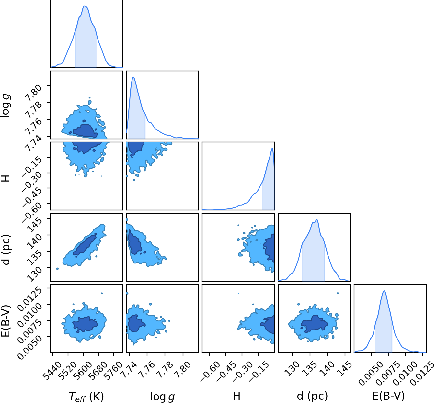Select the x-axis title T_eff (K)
point(86,397)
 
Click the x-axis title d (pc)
point(313,396)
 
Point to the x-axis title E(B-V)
point(389,396)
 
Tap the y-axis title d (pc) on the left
point(6,250)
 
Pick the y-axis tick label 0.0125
point(30,299)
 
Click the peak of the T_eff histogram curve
point(85,6)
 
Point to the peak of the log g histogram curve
point(133,77)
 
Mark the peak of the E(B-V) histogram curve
point(384,291)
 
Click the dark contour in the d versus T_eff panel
point(85,245)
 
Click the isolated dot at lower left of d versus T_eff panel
point(57,269)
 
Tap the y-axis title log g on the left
point(5,105)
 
